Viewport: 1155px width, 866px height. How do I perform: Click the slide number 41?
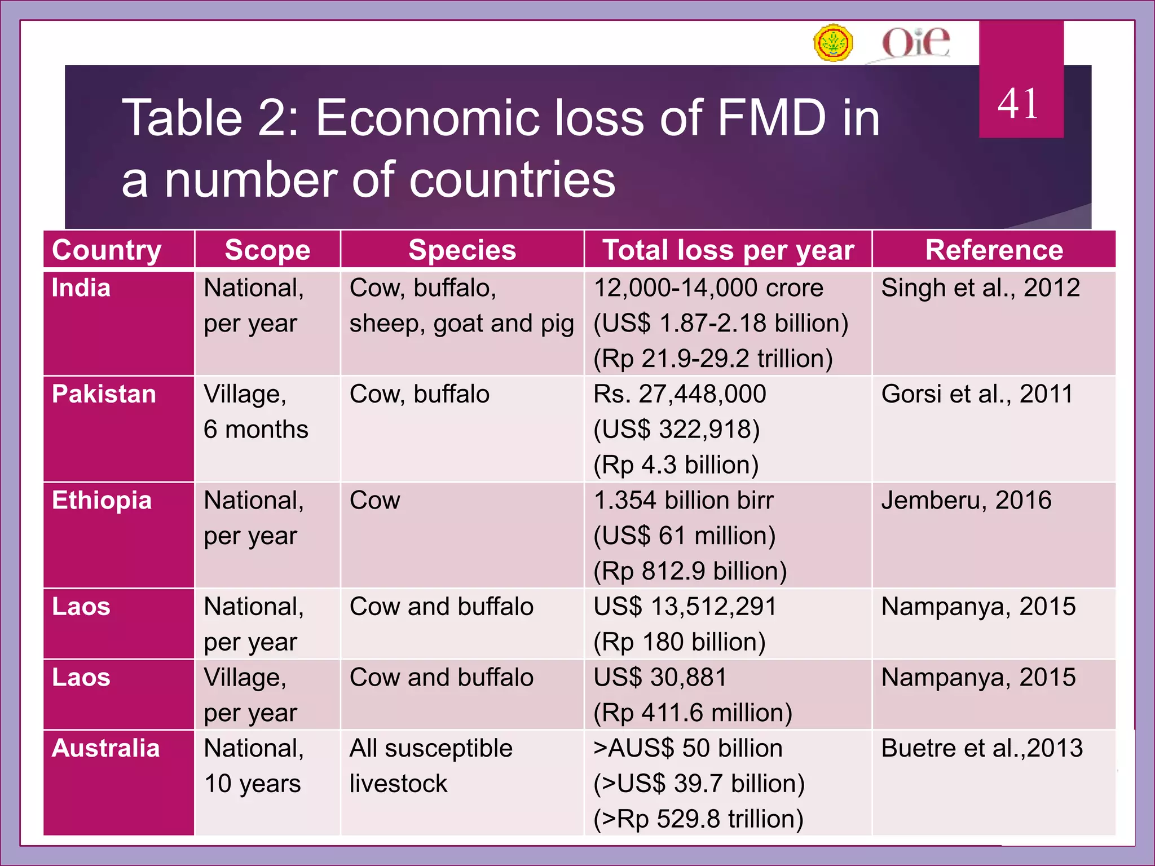pyautogui.click(x=1018, y=104)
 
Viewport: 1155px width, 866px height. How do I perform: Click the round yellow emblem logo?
pyautogui.click(x=833, y=43)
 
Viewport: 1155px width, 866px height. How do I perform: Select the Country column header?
pyautogui.click(x=107, y=250)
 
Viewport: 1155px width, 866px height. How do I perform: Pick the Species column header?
pyautogui.click(x=462, y=250)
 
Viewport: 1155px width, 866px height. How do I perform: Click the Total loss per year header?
pyautogui.click(x=728, y=250)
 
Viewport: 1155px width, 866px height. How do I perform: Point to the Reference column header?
pyautogui.click(x=994, y=250)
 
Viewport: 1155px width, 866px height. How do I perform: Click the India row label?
pyautogui.click(x=81, y=288)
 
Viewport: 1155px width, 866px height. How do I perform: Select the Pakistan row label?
pyautogui.click(x=104, y=394)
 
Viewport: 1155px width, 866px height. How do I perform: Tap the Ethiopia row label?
pyautogui.click(x=102, y=501)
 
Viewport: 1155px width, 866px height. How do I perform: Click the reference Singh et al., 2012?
pyautogui.click(x=980, y=288)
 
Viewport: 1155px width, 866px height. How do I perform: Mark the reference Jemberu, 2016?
pyautogui.click(x=966, y=501)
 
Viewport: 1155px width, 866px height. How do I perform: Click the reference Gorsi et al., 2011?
pyautogui.click(x=977, y=394)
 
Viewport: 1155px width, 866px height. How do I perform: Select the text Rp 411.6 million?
pyautogui.click(x=693, y=713)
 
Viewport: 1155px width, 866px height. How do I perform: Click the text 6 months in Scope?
pyautogui.click(x=256, y=430)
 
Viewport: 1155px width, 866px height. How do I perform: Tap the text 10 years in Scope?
pyautogui.click(x=252, y=784)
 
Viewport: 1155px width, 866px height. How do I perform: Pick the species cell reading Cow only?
pyautogui.click(x=375, y=501)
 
